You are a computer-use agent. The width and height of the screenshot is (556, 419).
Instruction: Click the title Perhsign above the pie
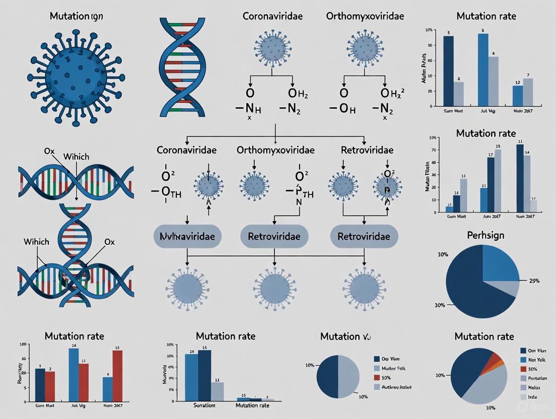(x=486, y=235)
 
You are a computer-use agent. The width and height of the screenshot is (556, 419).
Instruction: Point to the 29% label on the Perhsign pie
(x=531, y=281)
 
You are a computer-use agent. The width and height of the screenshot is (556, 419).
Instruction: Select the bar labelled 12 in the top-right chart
(x=518, y=96)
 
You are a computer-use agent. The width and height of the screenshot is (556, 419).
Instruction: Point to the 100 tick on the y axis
(x=21, y=344)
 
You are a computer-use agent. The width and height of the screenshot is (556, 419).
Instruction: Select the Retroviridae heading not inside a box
(x=367, y=150)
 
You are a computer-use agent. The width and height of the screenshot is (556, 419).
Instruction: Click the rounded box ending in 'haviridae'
(x=187, y=236)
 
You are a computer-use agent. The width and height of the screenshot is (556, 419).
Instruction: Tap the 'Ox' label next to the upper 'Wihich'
(x=49, y=151)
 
